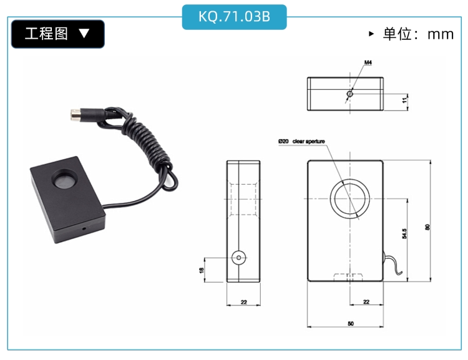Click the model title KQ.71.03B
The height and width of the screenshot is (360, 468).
point(234,17)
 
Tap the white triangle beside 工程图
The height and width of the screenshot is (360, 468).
point(84,33)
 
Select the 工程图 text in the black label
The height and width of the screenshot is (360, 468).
point(46,34)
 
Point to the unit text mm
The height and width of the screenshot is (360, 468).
point(441,34)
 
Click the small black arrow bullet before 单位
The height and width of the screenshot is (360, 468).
point(371,34)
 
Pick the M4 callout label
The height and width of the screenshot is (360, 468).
point(368,62)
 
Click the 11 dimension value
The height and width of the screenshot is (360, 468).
point(404,100)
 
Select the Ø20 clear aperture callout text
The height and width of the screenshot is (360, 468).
point(301,141)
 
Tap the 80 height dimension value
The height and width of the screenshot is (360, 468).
point(427,227)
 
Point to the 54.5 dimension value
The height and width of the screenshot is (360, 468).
point(404,234)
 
